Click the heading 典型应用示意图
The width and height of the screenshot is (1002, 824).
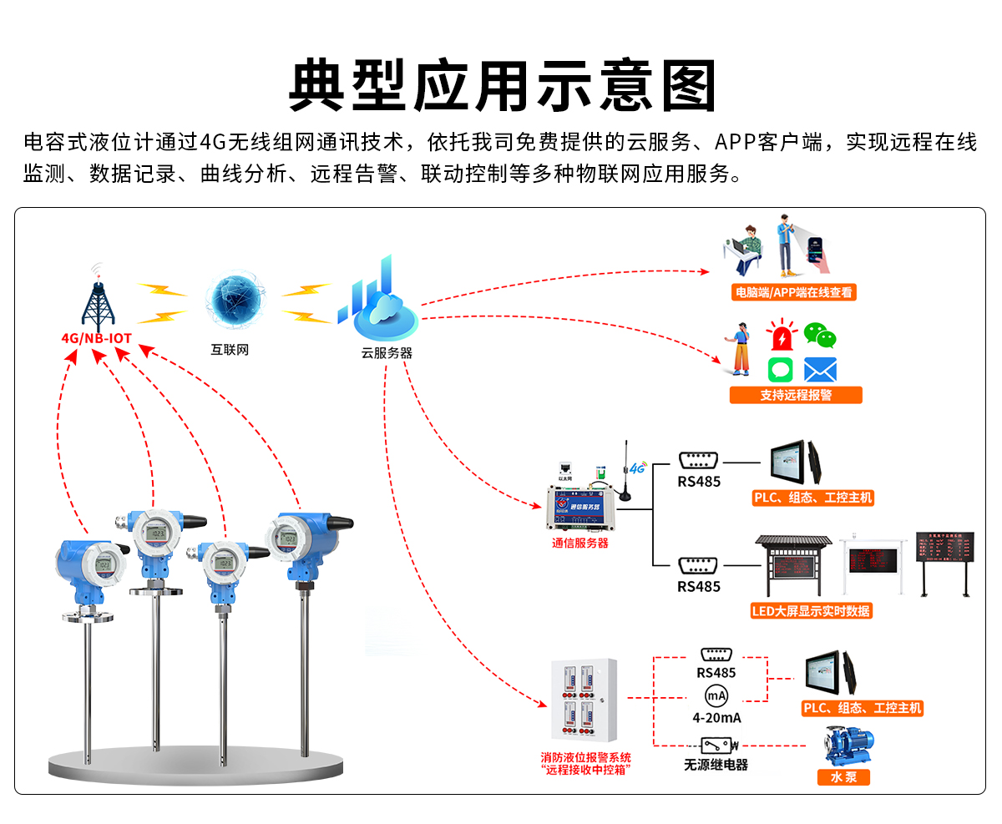pyautogui.click(x=502, y=85)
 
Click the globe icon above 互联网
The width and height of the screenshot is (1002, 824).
pyautogui.click(x=235, y=301)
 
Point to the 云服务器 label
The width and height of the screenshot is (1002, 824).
pyautogui.click(x=387, y=353)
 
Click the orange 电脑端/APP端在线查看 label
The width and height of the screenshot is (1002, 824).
pyautogui.click(x=793, y=292)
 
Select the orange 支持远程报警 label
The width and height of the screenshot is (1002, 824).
pyautogui.click(x=795, y=395)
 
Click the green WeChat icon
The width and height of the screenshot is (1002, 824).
pyautogui.click(x=820, y=336)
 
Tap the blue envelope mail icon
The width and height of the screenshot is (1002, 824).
pyautogui.click(x=820, y=370)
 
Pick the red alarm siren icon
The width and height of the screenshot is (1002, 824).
pyautogui.click(x=782, y=336)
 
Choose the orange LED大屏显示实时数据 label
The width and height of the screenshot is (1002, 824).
pyautogui.click(x=811, y=610)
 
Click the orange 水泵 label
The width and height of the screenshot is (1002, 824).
pyautogui.click(x=843, y=777)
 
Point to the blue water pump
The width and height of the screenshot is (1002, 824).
pyautogui.click(x=848, y=746)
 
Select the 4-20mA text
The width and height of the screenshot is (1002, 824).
pyautogui.click(x=716, y=718)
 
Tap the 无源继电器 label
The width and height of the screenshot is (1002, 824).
pyautogui.click(x=716, y=764)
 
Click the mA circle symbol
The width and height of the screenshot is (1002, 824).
pyautogui.click(x=716, y=696)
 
